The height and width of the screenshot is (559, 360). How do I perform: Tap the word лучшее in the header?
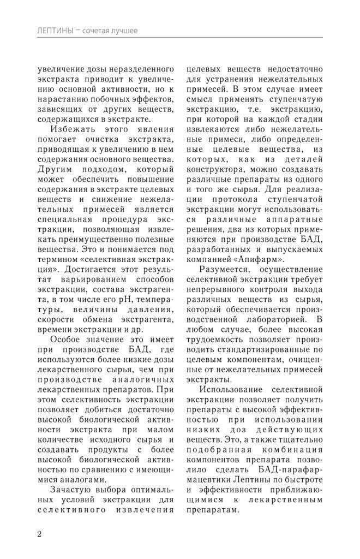coord(120,30)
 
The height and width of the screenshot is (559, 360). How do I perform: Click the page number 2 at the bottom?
coord(40,533)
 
